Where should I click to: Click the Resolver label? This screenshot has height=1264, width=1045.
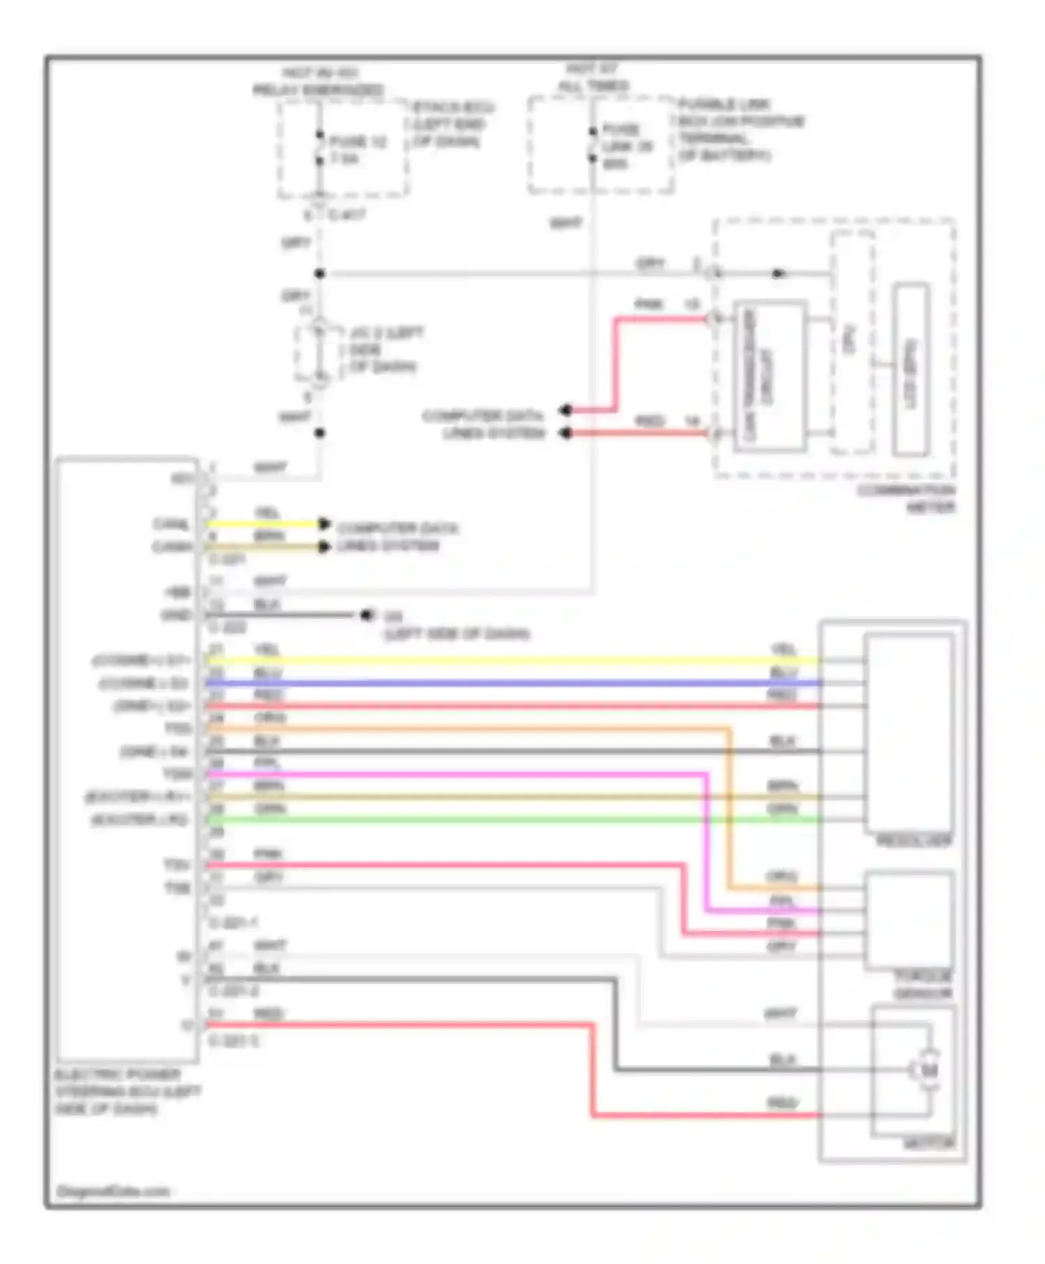pyautogui.click(x=913, y=841)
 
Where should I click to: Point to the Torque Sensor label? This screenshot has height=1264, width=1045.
pyautogui.click(x=923, y=984)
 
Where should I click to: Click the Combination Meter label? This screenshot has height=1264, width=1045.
pyautogui.click(x=906, y=499)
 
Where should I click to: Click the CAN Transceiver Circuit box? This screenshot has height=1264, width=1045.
pyautogui.click(x=771, y=376)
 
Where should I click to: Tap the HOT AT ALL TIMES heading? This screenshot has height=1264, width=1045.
pyautogui.click(x=593, y=77)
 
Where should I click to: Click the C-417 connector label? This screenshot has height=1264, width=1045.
pyautogui.click(x=346, y=215)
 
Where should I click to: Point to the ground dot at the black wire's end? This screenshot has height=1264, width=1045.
pyautogui.click(x=366, y=615)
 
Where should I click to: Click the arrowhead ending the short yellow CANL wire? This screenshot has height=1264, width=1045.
pyautogui.click(x=324, y=523)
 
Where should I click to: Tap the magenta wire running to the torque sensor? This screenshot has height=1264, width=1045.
pyautogui.click(x=453, y=774)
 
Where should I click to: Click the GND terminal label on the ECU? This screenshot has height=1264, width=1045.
pyautogui.click(x=176, y=615)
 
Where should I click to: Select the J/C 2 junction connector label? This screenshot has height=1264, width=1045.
pyautogui.click(x=385, y=349)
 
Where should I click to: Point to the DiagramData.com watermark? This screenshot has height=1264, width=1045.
pyautogui.click(x=113, y=1191)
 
